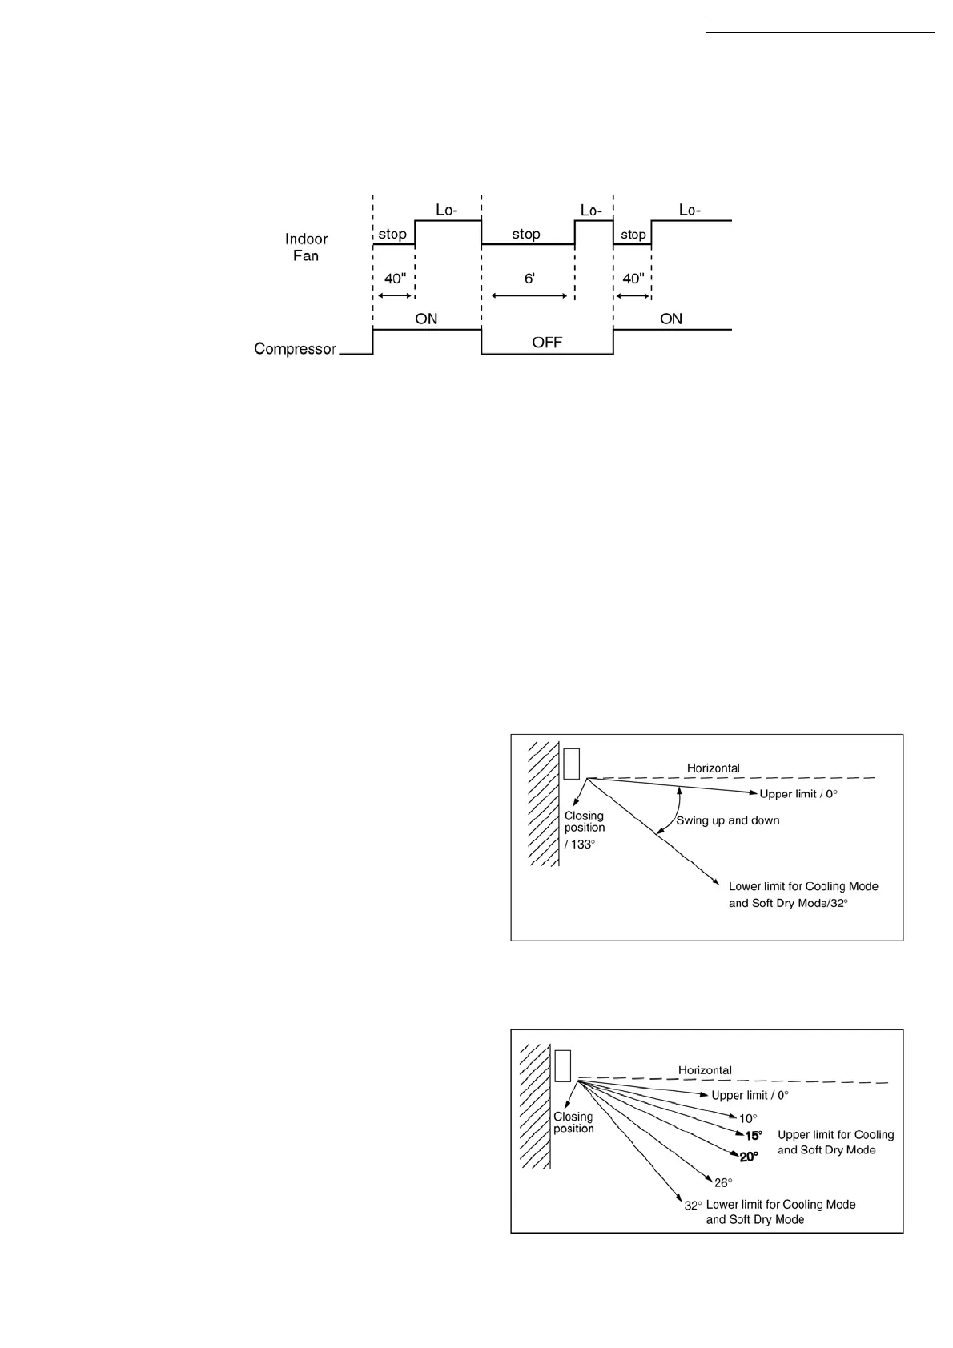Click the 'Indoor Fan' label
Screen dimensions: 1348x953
[x=306, y=247]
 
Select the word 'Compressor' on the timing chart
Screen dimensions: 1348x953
[x=295, y=349]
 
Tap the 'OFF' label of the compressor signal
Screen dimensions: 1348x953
[x=547, y=343]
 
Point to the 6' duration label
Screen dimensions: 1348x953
[x=529, y=279]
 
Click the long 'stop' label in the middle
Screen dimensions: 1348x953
[x=526, y=234]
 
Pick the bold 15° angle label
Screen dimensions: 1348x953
[x=753, y=1136]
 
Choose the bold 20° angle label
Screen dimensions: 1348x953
[x=749, y=1157]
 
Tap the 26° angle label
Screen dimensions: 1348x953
[x=723, y=1182]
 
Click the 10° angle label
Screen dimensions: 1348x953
[x=747, y=1119]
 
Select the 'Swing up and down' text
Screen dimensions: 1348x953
[x=728, y=820]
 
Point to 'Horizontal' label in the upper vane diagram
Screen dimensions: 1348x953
[x=714, y=768]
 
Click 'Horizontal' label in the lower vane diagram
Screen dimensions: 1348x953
[x=705, y=1070]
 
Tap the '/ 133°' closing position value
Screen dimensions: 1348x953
[x=580, y=845]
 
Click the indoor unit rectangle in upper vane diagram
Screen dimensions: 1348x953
[x=571, y=764]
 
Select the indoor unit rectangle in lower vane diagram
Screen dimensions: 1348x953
[x=562, y=1065]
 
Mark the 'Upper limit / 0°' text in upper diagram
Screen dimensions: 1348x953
[x=798, y=794]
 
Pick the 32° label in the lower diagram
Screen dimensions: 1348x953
[x=693, y=1206]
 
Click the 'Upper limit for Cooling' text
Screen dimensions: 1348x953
[x=835, y=1135]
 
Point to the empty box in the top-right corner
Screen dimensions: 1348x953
[x=820, y=26]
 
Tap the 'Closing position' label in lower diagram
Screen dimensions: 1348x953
[x=573, y=1122]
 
